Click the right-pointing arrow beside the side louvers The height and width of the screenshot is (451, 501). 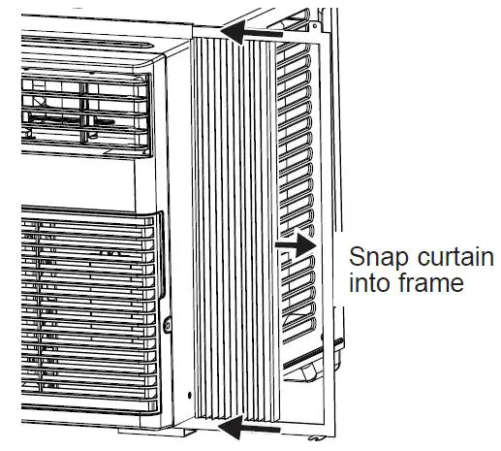(297, 245)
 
